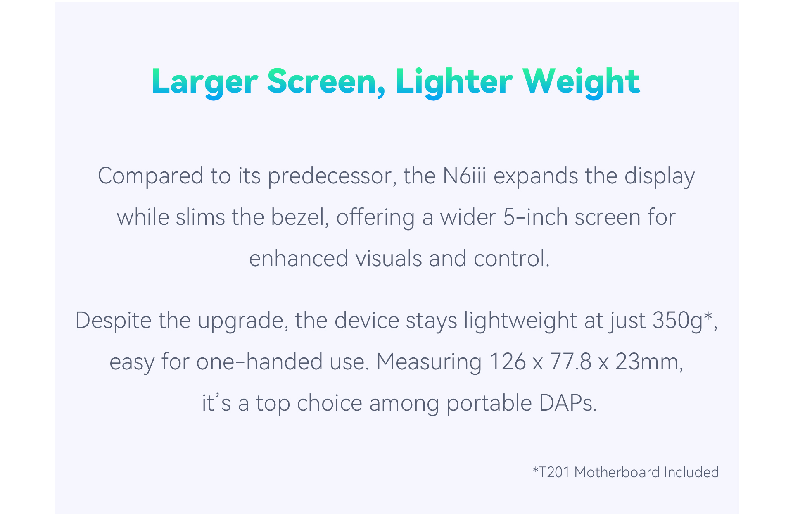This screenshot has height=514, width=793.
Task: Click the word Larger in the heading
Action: pos(205,82)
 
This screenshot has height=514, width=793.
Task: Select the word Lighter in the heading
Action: pos(454,82)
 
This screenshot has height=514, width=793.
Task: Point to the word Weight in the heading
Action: pos(581,82)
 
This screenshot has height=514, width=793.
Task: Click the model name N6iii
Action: pos(465,176)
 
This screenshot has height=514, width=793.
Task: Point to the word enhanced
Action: pos(299,258)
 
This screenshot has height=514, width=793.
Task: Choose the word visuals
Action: pos(388,258)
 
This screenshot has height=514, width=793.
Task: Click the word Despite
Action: pos(114,321)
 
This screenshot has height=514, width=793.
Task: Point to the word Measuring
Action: pos(429,362)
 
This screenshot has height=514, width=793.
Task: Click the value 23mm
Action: pos(646,362)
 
